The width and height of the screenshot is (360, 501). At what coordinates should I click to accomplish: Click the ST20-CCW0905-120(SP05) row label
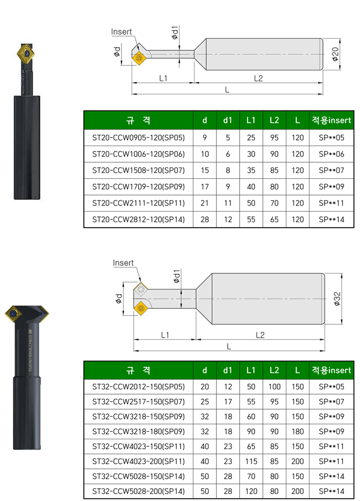(139, 137)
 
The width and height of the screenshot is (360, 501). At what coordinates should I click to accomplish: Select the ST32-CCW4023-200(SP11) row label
(139, 461)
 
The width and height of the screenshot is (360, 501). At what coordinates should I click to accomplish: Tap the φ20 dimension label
(335, 54)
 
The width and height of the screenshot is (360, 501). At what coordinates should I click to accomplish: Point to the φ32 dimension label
(337, 299)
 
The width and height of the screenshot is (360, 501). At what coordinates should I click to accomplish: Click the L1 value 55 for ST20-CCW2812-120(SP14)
(251, 220)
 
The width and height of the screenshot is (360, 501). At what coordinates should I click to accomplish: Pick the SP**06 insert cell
(332, 154)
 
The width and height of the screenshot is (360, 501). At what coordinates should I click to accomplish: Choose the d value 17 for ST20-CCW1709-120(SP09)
(205, 186)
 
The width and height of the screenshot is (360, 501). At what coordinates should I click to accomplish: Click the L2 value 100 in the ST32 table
(275, 387)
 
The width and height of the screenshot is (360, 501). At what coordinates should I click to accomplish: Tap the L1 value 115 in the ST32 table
(251, 461)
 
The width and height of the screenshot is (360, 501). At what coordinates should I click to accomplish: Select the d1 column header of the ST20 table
(228, 120)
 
